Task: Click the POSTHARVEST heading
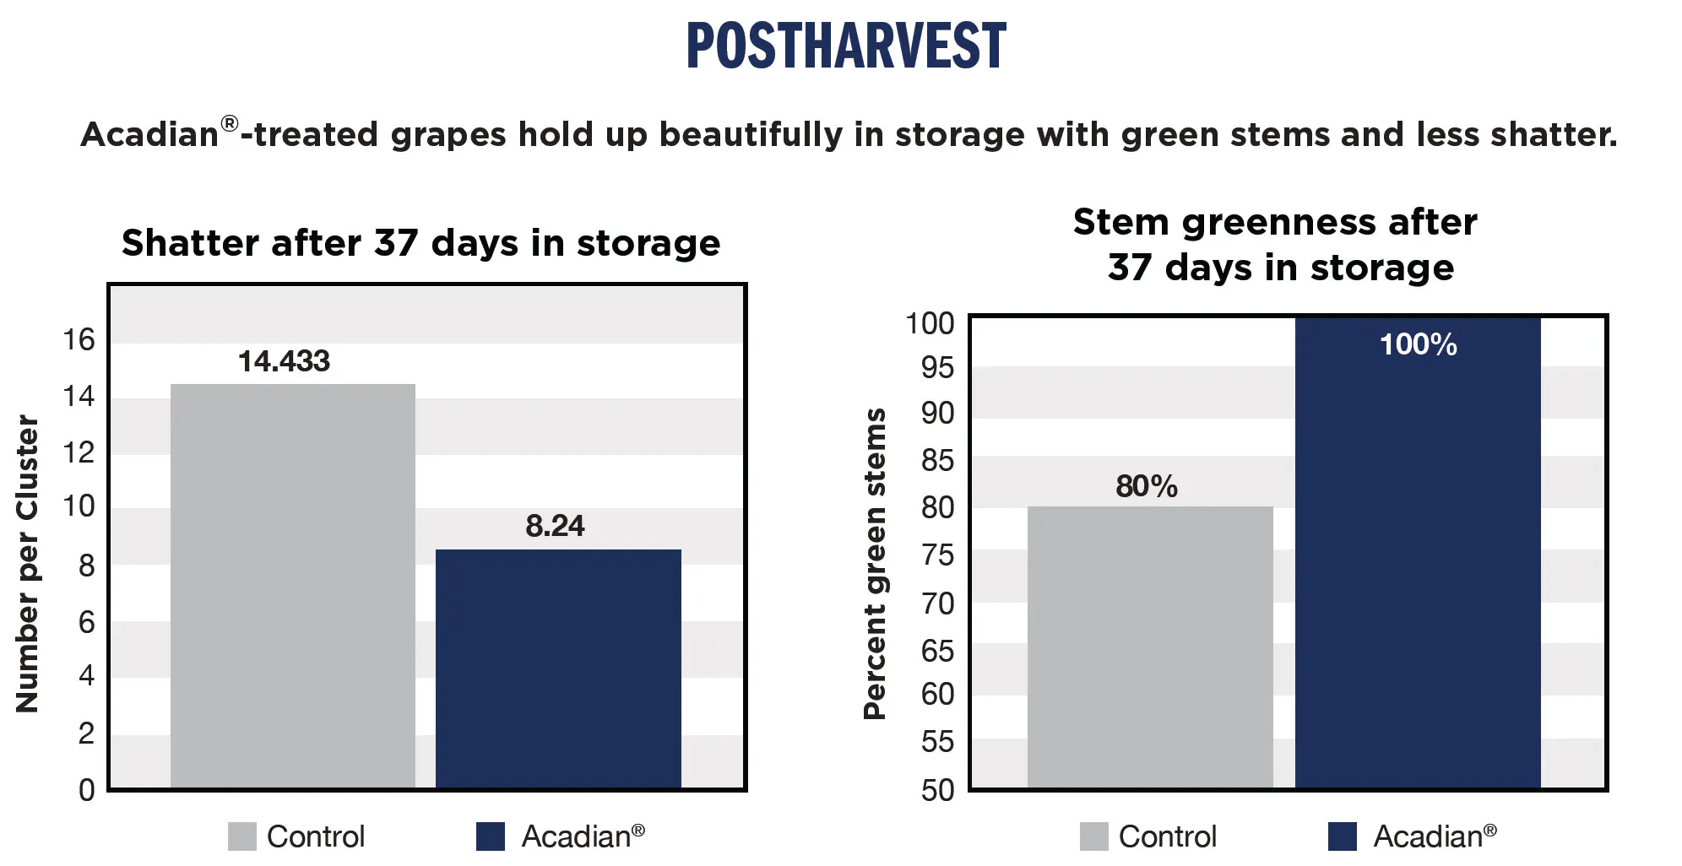[845, 46]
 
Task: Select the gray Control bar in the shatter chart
[292, 586]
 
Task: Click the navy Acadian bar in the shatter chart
[558, 668]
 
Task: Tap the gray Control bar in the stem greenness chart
[1149, 647]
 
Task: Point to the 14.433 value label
[284, 361]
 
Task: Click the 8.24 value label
[555, 526]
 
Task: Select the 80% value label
[1146, 486]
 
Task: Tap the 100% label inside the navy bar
[1418, 344]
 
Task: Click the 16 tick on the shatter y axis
[79, 340]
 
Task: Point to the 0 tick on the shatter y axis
[86, 790]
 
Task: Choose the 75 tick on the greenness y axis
[937, 555]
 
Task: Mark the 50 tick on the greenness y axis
[937, 790]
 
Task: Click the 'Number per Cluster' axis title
[27, 564]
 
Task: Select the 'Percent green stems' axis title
[875, 564]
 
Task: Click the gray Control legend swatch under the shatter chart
[241, 836]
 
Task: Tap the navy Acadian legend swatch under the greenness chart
[1342, 836]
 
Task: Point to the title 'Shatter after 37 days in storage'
[420, 243]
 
